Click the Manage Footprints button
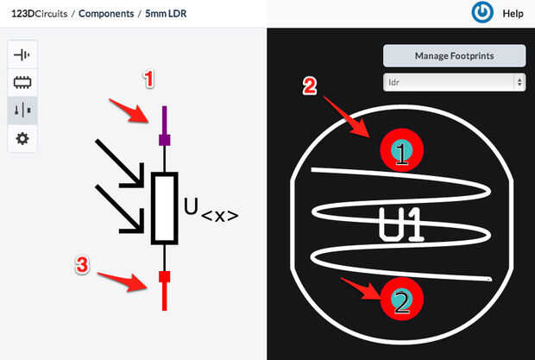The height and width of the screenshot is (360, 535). click(x=454, y=55)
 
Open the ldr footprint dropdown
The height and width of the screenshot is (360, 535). click(x=454, y=82)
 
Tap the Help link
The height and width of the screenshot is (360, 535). click(x=513, y=14)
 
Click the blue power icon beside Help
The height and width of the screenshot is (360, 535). click(x=482, y=12)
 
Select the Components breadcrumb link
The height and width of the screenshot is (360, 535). click(x=106, y=14)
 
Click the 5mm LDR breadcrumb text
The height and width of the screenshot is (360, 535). click(x=166, y=14)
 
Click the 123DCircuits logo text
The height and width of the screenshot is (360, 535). click(x=39, y=14)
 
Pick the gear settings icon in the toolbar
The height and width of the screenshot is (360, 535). click(x=22, y=138)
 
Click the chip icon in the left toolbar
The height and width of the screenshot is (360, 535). click(x=22, y=82)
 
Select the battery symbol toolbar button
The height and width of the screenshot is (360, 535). click(x=22, y=54)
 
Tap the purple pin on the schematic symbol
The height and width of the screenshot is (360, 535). click(x=165, y=126)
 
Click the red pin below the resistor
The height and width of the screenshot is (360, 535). click(x=165, y=291)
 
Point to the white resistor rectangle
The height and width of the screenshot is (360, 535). click(x=165, y=208)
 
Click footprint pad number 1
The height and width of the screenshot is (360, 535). click(x=401, y=150)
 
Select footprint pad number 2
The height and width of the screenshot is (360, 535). click(x=401, y=299)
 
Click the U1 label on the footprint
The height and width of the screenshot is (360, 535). click(x=401, y=224)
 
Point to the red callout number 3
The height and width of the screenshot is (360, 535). click(x=82, y=265)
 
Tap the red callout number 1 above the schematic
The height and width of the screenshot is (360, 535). click(x=148, y=79)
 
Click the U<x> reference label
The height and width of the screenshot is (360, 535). click(x=211, y=210)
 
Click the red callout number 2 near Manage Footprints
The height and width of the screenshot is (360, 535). click(x=310, y=85)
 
